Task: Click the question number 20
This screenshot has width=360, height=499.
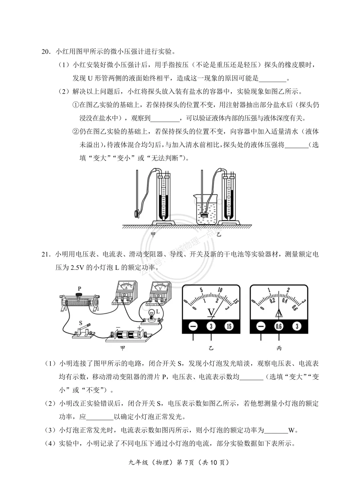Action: click(46, 52)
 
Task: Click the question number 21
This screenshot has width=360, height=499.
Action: click(46, 255)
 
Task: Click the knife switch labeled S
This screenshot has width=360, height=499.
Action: click(83, 330)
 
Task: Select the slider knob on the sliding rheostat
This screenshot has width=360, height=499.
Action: click(79, 295)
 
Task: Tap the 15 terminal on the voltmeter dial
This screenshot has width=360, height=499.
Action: click(229, 326)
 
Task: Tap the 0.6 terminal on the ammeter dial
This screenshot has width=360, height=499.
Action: click(279, 326)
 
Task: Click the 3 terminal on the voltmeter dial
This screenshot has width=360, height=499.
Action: click(211, 326)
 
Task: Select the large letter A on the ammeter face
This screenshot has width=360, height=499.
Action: click(279, 313)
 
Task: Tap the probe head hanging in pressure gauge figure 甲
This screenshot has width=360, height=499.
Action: click(136, 213)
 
